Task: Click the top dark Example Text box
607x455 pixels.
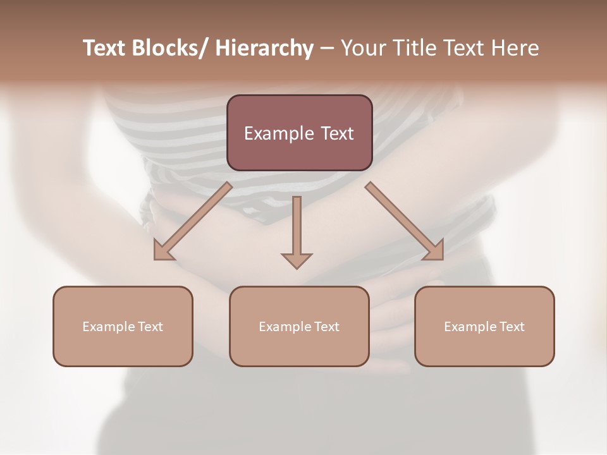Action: coord(299,133)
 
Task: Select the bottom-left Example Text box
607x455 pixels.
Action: coord(123,326)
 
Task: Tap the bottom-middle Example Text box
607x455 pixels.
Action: coord(299,326)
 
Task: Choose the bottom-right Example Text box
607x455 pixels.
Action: coord(484,326)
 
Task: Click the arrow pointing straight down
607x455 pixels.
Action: coord(297,231)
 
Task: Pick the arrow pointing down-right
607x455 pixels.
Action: coord(405,221)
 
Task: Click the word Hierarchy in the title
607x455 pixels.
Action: coord(264,48)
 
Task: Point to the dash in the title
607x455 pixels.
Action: coord(327,49)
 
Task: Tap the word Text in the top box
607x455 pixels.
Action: coord(337,133)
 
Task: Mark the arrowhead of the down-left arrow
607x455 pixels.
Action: coord(163,251)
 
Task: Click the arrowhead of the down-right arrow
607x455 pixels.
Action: coord(434,251)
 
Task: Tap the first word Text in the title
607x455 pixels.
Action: coord(105,48)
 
